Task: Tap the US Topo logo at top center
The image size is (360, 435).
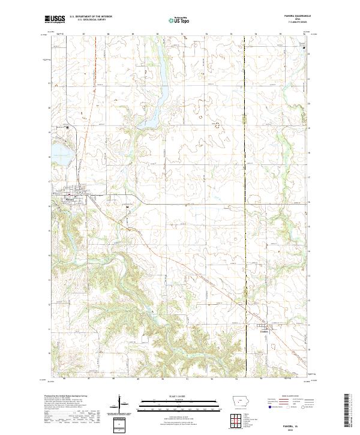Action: (x=179, y=20)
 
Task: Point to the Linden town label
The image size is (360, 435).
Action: (x=265, y=331)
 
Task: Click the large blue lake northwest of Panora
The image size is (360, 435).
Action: (x=61, y=154)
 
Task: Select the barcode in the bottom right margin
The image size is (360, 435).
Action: (x=349, y=410)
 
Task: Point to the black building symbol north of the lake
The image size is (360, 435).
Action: (x=68, y=127)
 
